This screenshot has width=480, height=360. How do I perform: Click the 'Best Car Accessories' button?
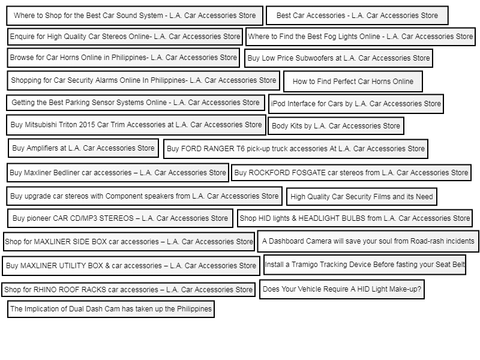pos(357,16)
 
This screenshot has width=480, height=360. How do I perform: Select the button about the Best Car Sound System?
pos(134,16)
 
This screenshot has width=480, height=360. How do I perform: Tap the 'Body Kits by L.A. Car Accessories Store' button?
pos(336,126)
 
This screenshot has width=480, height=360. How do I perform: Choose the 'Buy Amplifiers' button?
pos(83,148)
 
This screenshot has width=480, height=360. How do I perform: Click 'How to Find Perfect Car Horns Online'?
pos(353,82)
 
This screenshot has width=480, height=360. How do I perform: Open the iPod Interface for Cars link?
pos(356,104)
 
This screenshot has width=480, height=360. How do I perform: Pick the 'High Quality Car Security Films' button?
pos(362,197)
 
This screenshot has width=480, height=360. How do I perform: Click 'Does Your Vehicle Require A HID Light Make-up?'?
pos(342,289)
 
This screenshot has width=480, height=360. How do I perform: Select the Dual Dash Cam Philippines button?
pos(111,309)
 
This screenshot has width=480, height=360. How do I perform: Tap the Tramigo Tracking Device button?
pos(365,265)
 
